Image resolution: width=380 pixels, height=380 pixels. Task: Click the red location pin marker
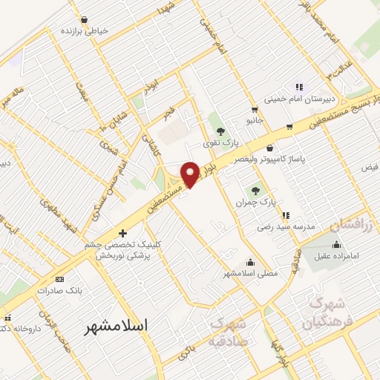[191, 174]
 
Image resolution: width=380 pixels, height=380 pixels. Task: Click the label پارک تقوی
[220, 143]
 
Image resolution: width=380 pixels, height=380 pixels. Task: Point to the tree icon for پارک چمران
[256, 191]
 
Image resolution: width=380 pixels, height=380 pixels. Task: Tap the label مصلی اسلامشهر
[251, 273]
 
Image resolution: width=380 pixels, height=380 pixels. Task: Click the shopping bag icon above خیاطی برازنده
[83, 20]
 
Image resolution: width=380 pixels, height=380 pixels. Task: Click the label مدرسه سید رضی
[286, 226]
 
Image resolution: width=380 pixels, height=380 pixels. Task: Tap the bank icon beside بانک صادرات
[60, 279]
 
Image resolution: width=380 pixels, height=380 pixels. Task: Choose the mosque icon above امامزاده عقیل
[337, 244]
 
